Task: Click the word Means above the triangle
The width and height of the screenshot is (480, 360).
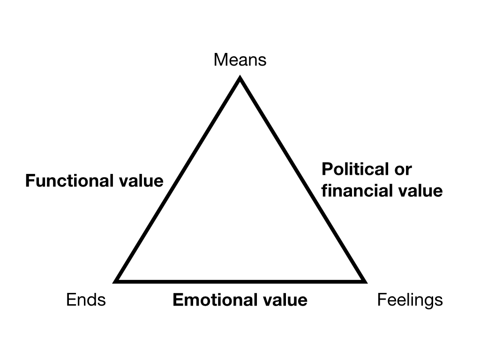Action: [x=240, y=60]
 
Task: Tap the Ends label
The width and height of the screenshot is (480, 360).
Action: [x=86, y=300]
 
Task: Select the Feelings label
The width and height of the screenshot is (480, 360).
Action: [x=410, y=300]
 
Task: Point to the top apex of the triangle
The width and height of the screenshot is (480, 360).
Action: [x=240, y=80]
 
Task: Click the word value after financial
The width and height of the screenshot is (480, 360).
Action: [x=422, y=191]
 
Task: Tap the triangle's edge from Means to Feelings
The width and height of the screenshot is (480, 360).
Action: [x=301, y=180]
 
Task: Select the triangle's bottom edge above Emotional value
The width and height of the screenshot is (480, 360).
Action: [x=240, y=281]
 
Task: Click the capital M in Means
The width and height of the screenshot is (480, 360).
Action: [x=219, y=60]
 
